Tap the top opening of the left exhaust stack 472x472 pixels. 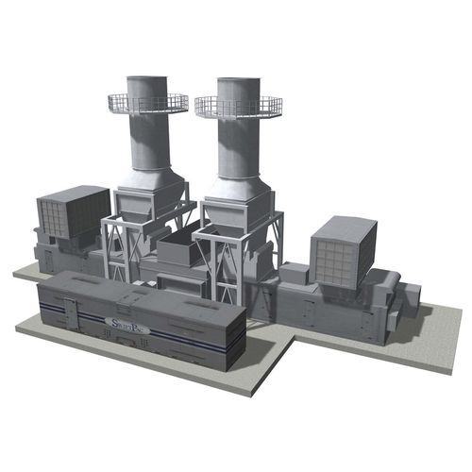click(x=148, y=78)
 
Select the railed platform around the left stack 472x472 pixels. click(x=148, y=103)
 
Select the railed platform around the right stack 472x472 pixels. click(x=238, y=107)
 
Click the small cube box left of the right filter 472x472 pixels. click(x=294, y=273)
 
